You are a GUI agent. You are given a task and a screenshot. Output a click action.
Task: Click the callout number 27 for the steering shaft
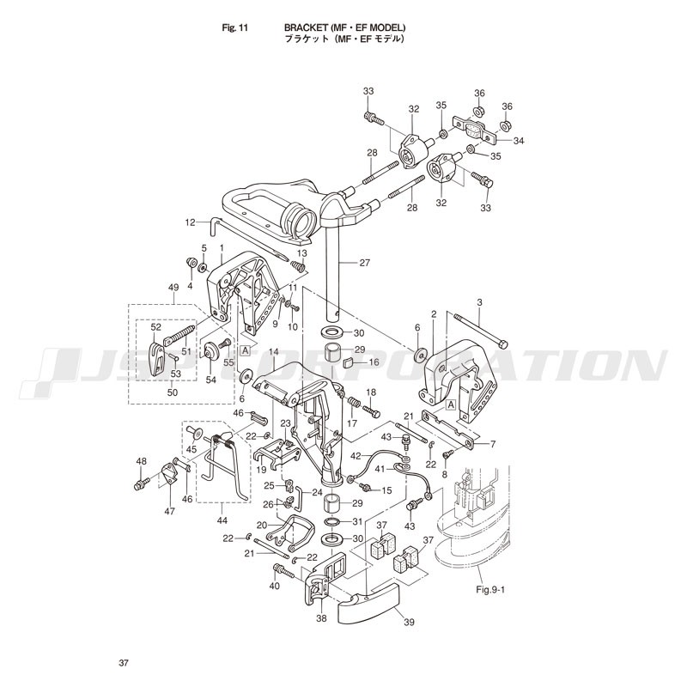(364, 263)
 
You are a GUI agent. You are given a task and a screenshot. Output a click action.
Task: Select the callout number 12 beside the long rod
(190, 222)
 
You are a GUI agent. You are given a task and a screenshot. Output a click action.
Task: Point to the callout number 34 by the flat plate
(519, 141)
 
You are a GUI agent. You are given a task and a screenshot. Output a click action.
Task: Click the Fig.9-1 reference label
(490, 589)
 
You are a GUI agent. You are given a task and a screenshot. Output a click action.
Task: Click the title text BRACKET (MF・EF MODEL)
(345, 27)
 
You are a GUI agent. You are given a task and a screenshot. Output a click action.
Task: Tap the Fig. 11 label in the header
(234, 28)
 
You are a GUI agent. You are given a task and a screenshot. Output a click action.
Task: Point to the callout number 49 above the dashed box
(173, 288)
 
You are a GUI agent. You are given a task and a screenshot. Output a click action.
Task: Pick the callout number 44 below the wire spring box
(222, 520)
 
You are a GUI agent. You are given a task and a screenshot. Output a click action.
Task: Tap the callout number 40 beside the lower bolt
(274, 587)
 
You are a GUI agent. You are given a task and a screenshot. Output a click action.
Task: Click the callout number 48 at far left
(141, 462)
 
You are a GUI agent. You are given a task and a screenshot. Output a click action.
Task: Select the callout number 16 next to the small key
(374, 362)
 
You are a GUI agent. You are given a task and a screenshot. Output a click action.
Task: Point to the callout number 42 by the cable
(356, 456)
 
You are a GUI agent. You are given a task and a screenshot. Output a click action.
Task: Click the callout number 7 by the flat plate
(492, 445)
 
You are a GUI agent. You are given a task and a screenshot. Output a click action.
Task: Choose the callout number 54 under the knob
(211, 380)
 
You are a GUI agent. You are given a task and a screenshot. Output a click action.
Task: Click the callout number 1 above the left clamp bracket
(222, 248)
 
